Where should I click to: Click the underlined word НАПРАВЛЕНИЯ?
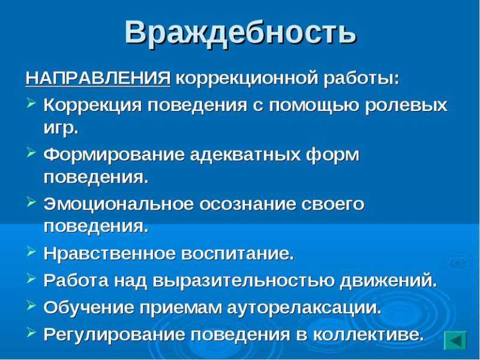click(x=98, y=79)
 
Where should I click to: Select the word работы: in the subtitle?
click(x=362, y=80)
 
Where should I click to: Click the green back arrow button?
click(x=455, y=341)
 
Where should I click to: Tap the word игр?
click(x=61, y=128)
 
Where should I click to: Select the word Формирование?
click(x=114, y=155)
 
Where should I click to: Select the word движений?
click(x=388, y=281)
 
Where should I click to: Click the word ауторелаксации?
click(x=304, y=308)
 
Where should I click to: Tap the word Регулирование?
click(x=114, y=335)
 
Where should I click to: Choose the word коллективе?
click(x=368, y=335)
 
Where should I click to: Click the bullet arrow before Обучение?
click(x=31, y=305)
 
